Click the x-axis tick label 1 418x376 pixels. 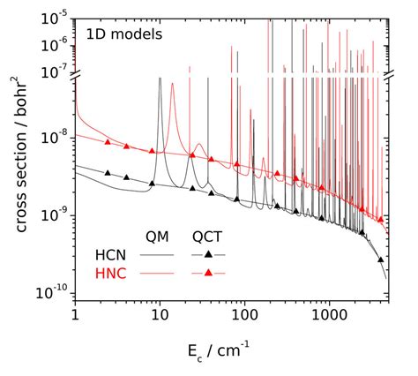pos(75,313)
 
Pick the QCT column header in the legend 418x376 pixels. pos(208,235)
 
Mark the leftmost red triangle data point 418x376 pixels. pos(108,142)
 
